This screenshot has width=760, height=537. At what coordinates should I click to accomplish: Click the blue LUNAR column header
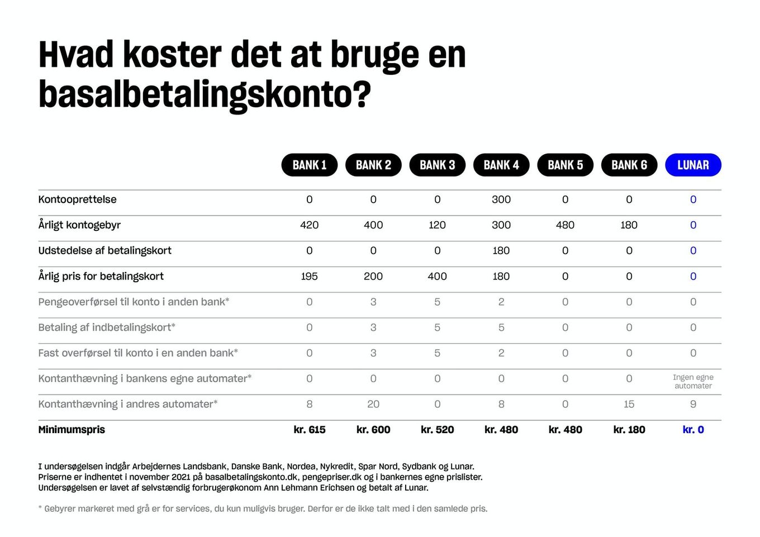point(693,165)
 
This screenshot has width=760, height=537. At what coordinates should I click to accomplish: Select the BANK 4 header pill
point(501,165)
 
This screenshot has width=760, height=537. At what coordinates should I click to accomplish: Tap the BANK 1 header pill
point(310,165)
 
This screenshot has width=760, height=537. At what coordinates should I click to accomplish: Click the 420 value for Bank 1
point(310,225)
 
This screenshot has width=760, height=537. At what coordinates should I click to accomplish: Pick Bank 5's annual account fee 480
point(566,225)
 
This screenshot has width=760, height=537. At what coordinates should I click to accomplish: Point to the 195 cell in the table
point(310,276)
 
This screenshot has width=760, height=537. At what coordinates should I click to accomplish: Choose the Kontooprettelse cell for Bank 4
point(501,199)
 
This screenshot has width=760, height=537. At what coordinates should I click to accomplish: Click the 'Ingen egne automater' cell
point(693,382)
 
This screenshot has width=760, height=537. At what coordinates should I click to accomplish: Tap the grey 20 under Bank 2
point(373,404)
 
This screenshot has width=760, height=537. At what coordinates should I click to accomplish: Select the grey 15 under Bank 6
point(629,404)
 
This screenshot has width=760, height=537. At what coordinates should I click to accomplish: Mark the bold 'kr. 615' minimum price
point(310,430)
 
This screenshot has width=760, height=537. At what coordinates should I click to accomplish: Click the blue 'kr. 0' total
point(693,430)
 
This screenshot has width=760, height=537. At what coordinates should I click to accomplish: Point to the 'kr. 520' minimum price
point(438,430)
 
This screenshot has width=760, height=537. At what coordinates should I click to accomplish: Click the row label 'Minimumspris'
point(72,430)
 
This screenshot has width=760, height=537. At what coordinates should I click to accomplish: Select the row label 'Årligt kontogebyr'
point(79,225)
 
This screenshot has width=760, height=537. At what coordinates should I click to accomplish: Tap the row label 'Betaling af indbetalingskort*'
point(107,327)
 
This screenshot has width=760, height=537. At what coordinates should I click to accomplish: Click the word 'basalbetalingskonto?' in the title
point(205,94)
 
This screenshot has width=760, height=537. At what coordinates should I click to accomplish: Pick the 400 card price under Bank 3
point(438,276)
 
